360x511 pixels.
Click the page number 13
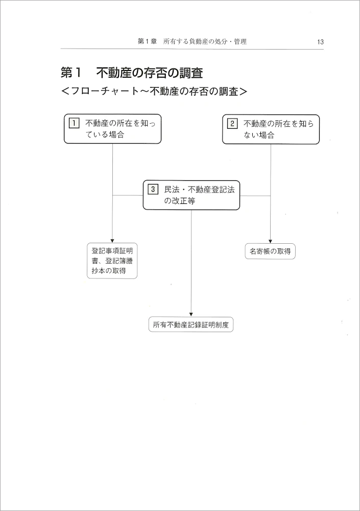(320, 42)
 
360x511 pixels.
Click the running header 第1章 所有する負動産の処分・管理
(192, 41)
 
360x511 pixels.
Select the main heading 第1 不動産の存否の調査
(135, 73)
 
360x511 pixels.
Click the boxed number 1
(74, 123)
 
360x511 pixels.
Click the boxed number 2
(232, 123)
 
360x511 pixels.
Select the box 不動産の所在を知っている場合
(112, 129)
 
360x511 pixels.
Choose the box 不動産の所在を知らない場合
(271, 129)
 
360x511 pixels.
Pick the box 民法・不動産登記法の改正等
(191, 195)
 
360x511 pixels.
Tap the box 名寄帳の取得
(270, 251)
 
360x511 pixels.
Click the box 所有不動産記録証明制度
(191, 324)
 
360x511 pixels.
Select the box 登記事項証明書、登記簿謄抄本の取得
(112, 261)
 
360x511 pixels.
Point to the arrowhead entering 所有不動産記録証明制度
(191, 314)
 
